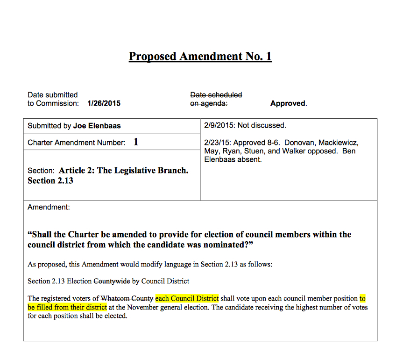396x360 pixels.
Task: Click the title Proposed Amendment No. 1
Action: coord(200,57)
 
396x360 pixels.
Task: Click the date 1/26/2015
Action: coord(104,103)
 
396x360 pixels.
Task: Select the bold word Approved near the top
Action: coord(288,103)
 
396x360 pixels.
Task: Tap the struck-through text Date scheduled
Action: coord(216,95)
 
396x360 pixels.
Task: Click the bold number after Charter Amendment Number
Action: coord(135,142)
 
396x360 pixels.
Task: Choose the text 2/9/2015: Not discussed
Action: coord(245,125)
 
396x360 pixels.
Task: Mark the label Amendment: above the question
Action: coord(49,207)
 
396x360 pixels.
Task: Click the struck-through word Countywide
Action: coord(112,281)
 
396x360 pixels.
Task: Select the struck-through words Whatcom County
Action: coord(127,298)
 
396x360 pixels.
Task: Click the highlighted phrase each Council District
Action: coord(187,298)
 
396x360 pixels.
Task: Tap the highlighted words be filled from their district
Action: coord(67,307)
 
